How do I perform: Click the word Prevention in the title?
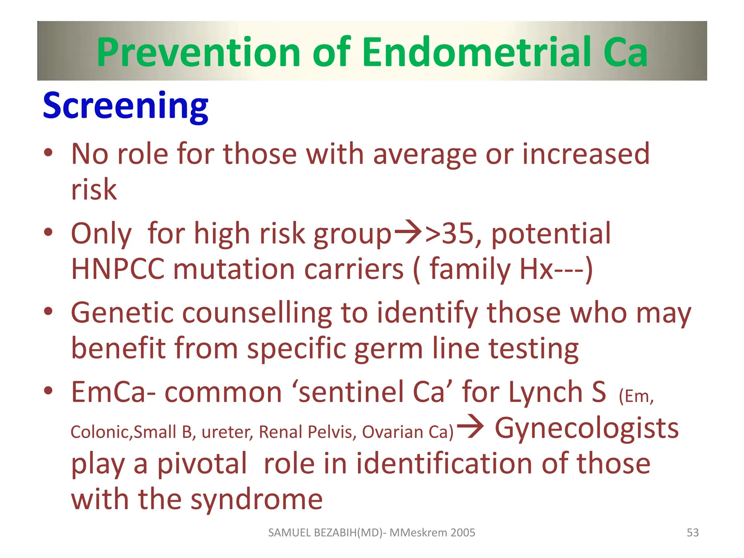(198, 53)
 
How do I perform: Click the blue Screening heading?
(126, 106)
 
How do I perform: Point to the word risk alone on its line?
(94, 190)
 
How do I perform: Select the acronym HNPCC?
(117, 270)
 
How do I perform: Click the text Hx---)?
(556, 270)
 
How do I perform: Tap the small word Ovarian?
(392, 432)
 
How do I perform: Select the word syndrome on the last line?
(256, 500)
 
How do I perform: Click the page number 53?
(692, 533)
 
